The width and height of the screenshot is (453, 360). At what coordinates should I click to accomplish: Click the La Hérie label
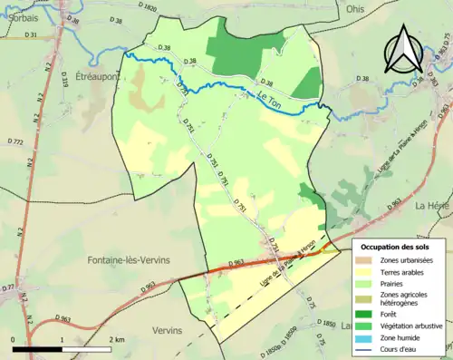click(433, 206)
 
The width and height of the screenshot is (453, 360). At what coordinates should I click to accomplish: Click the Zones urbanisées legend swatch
click(368, 261)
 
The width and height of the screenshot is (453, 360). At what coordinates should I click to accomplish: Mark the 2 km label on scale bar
click(118, 339)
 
